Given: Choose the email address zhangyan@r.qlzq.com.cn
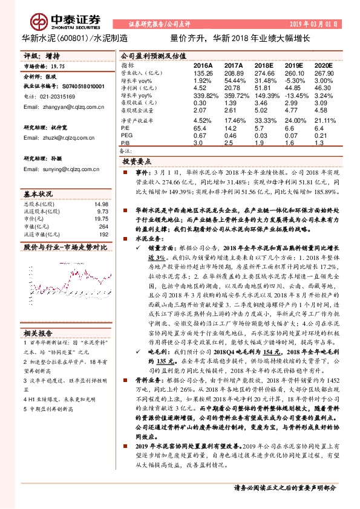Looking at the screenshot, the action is [x=62, y=106].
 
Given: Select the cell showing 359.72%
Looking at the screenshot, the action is [x=234, y=96].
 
